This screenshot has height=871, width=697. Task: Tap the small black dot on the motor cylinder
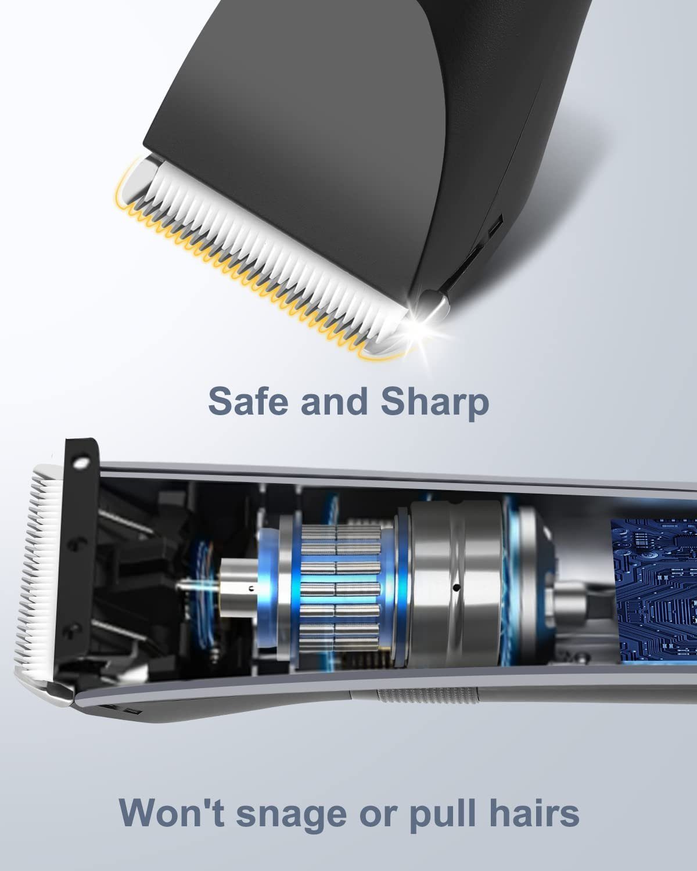[456, 586]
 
